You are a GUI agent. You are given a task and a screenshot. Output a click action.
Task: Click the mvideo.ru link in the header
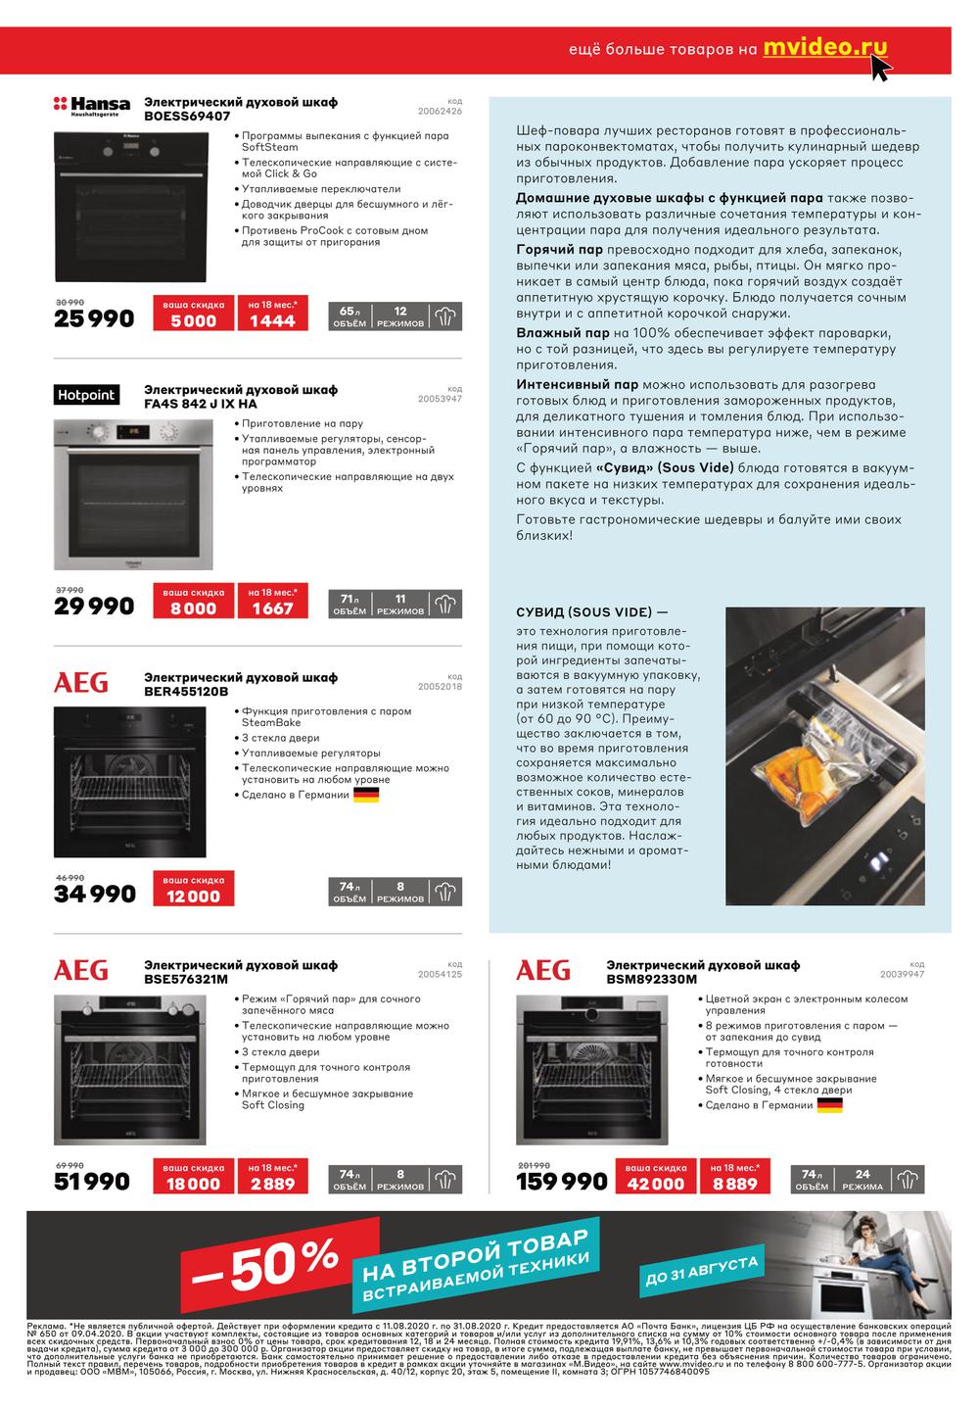coord(824,47)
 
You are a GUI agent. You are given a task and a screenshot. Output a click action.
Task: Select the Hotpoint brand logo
coord(86,395)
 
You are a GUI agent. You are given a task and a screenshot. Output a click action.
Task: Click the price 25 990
coord(94,318)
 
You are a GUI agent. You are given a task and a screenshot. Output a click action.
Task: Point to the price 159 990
coord(562,1182)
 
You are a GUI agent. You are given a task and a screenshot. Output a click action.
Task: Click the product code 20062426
coord(440,111)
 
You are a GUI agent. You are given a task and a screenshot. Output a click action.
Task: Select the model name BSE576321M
coord(186,978)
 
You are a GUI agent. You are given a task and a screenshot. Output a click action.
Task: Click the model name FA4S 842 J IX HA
coord(201,404)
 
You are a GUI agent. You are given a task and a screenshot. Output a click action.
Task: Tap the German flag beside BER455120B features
coord(366,795)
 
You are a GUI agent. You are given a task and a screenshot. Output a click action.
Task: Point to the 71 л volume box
coord(350,604)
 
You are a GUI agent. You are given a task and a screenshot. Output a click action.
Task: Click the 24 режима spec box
coord(862,1179)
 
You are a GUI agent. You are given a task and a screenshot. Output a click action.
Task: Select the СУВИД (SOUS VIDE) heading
coord(585,612)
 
